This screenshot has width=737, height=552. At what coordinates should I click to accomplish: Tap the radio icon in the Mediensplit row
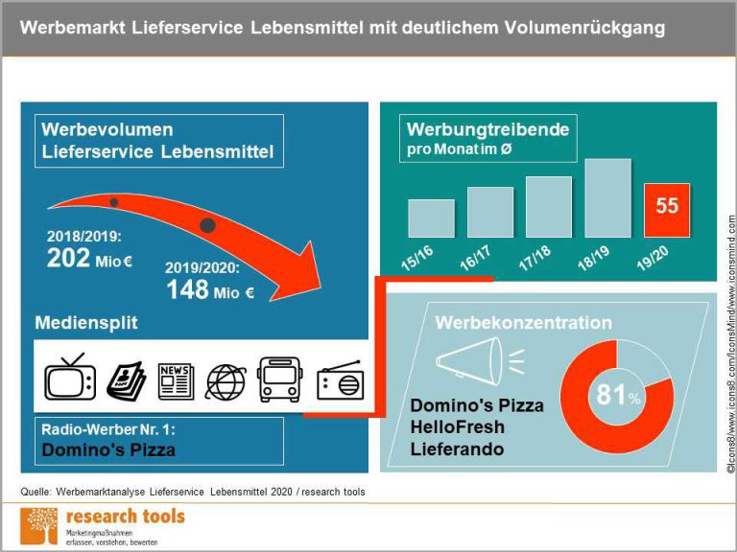340,381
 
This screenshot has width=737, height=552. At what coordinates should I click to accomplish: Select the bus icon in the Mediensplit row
280,379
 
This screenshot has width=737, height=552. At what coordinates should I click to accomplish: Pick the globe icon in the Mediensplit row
226,380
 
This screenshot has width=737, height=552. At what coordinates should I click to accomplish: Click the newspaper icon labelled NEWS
176,380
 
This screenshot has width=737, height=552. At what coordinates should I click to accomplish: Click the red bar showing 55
666,209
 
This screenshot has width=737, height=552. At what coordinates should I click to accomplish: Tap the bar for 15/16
431,218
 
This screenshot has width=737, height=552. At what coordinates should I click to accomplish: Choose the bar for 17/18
549,206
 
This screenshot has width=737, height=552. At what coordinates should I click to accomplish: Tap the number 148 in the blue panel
187,290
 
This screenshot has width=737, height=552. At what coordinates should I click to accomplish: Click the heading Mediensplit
86,323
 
